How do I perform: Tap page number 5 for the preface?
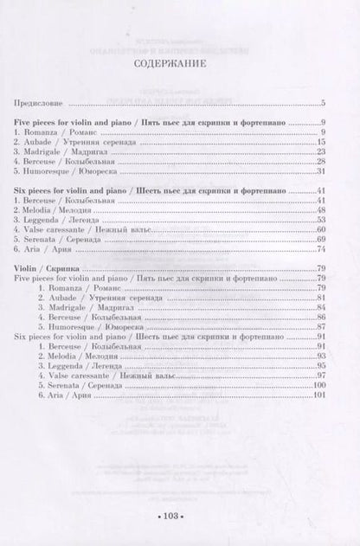coord(322,103)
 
